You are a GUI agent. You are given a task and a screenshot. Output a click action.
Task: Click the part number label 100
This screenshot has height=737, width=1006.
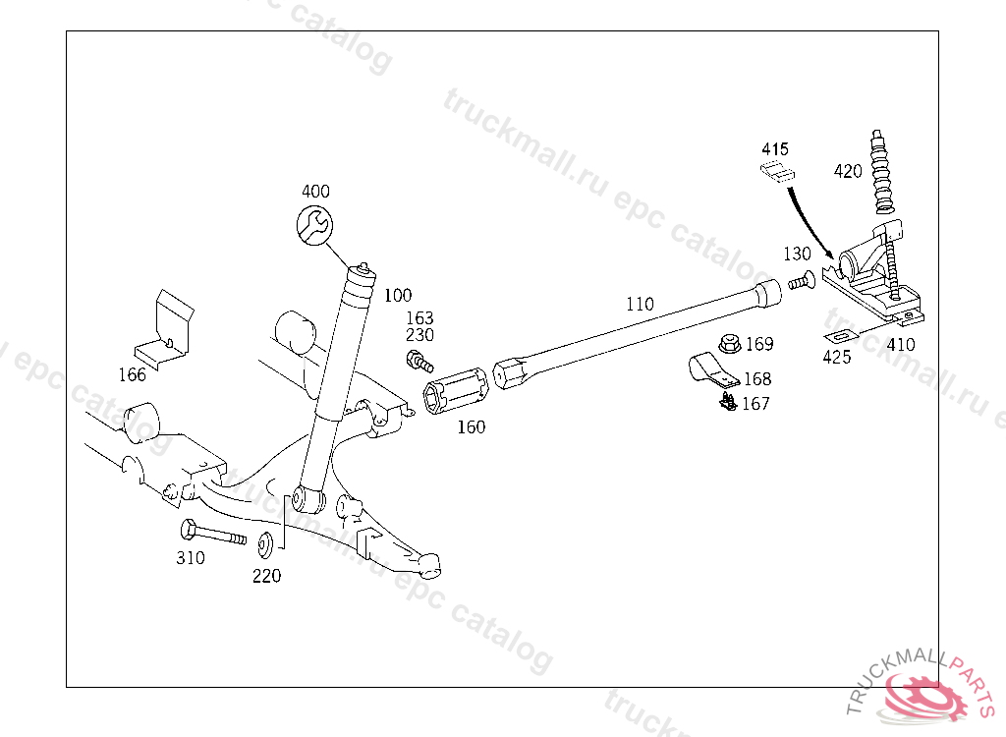click(398, 295)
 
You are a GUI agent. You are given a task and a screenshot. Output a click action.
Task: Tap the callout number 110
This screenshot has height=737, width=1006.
click(640, 305)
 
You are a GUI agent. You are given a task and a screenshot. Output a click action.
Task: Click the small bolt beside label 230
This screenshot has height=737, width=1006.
click(420, 363)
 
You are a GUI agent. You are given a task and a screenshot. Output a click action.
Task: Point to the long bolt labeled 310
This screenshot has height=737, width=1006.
click(212, 535)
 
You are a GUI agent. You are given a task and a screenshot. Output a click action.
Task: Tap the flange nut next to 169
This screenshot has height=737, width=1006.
click(729, 345)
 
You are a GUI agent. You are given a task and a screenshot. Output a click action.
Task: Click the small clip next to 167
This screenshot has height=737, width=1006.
click(728, 401)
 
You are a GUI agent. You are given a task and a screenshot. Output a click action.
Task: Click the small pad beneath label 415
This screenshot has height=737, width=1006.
click(777, 174)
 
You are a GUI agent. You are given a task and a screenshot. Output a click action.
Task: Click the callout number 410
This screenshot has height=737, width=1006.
click(900, 345)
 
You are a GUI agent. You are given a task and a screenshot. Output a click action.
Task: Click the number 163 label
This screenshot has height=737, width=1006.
click(419, 318)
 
